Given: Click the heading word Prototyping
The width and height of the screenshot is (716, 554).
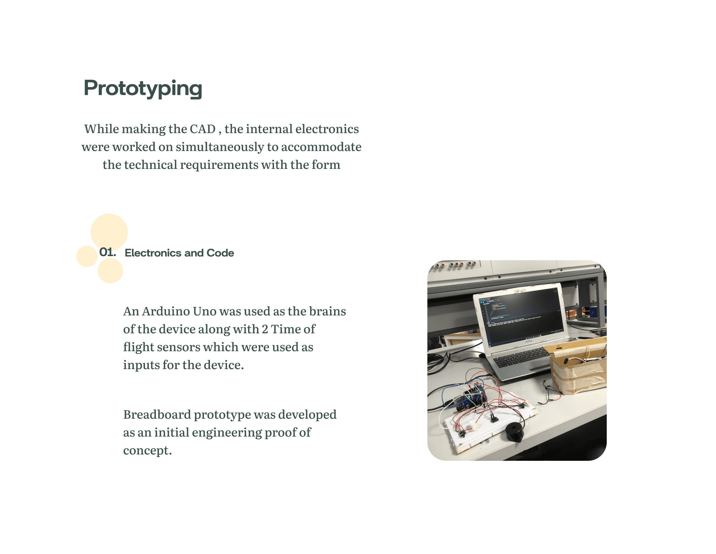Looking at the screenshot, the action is pos(143,89).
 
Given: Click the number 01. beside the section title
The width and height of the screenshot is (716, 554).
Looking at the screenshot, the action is pos(107,252).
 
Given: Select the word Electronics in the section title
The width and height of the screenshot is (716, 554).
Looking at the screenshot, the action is pos(153,253).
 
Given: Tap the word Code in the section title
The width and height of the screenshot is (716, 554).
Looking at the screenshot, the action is pos(220,253).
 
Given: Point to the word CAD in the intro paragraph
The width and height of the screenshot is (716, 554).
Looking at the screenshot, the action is pos(203,129).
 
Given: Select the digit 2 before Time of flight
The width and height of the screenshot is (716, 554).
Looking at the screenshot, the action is pos(265,329).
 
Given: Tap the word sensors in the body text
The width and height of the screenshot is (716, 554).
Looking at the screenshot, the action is pos(179,347).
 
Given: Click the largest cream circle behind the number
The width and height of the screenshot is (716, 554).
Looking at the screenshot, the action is pos(109,232).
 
